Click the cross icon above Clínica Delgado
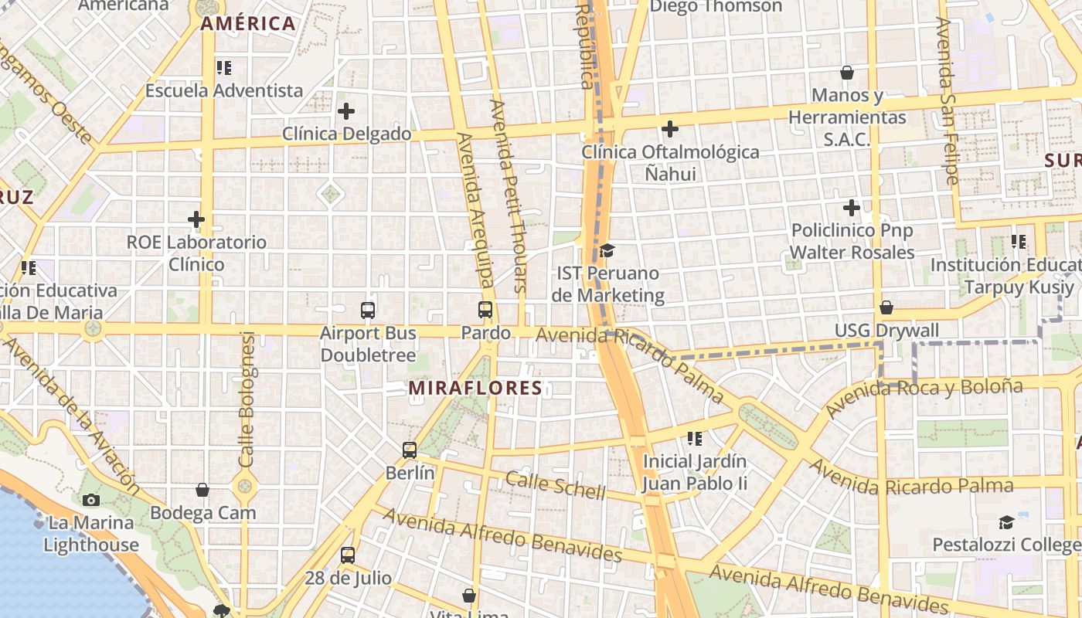(346, 111)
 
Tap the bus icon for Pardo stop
(485, 311)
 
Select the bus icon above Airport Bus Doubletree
(368, 311)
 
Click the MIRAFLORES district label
(475, 388)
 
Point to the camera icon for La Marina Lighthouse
(91, 500)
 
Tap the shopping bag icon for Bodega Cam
(202, 490)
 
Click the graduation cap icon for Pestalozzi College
(1006, 522)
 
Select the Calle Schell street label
(555, 485)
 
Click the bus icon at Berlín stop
(410, 450)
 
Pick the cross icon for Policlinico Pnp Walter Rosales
(852, 208)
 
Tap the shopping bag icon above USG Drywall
(886, 307)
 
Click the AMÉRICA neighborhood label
(248, 24)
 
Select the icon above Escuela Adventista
(224, 68)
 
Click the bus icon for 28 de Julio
(348, 555)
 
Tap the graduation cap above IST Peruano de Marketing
(607, 250)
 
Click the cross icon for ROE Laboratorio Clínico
(196, 219)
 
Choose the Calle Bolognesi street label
(247, 399)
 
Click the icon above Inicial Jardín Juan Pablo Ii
(695, 439)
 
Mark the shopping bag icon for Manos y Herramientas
(847, 73)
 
